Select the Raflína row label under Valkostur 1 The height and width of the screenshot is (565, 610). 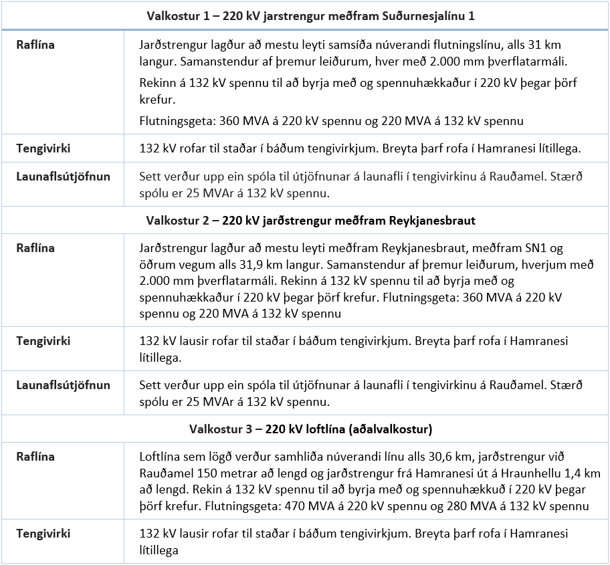(x=35, y=45)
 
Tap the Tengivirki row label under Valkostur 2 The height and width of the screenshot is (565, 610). (x=43, y=340)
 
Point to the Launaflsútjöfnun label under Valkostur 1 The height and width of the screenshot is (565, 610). (x=63, y=177)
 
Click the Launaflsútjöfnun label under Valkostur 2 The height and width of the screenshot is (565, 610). (x=63, y=385)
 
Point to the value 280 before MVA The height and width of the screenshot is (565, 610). (x=490, y=506)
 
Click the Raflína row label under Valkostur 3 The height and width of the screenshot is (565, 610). (x=35, y=457)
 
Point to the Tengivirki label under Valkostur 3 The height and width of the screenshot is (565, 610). (x=43, y=534)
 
